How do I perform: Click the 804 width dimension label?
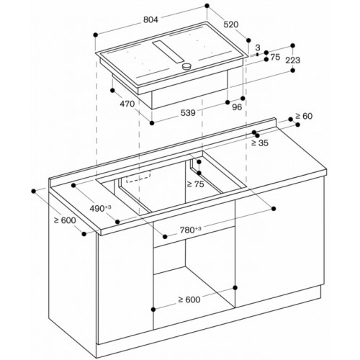(150, 20)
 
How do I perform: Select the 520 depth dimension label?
(231, 24)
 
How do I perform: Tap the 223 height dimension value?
(293, 60)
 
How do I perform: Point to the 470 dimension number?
(127, 104)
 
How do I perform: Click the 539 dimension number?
(188, 112)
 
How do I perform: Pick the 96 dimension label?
(237, 107)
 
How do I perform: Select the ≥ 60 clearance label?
(304, 116)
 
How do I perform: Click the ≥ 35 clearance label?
(260, 143)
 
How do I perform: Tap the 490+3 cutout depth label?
(100, 208)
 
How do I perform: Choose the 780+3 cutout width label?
(191, 230)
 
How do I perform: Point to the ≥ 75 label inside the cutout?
(195, 184)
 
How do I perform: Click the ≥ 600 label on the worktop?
(65, 220)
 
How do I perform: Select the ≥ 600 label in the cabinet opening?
(189, 300)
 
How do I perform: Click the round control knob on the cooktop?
(186, 66)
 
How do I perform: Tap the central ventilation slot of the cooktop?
(168, 52)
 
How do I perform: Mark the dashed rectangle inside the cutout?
(138, 176)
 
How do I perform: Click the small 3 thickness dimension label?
(258, 48)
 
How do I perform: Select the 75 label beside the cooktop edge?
(275, 57)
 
